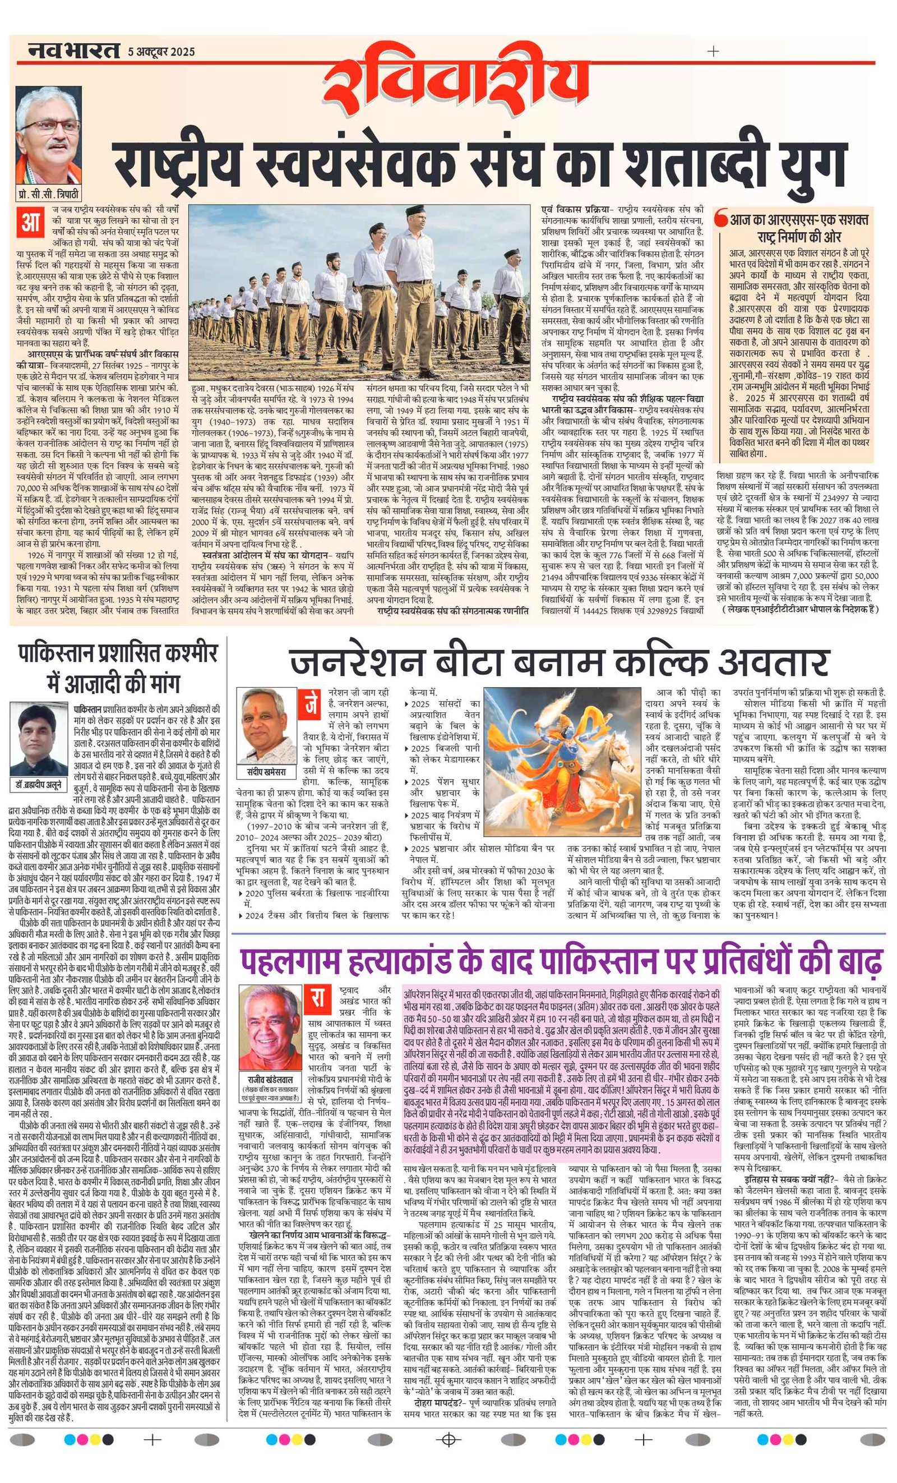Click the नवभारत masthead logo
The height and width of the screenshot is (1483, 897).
click(73, 52)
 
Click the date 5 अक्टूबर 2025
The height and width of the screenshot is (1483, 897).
click(161, 52)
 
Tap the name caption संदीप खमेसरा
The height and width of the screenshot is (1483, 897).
click(266, 772)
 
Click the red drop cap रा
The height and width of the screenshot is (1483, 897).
click(318, 1000)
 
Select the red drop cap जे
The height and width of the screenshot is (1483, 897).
click(311, 704)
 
